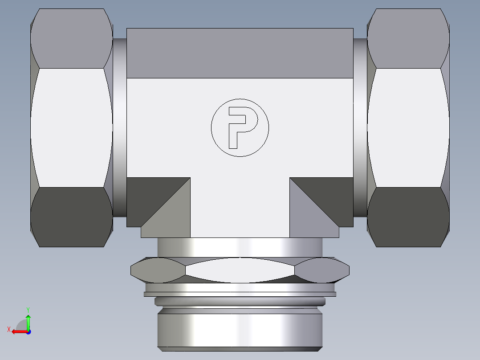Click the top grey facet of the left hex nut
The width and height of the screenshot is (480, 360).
[71, 38]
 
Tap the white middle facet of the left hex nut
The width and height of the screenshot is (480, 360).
[71, 127]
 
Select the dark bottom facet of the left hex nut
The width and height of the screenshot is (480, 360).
[71, 217]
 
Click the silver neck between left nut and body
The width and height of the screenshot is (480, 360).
[119, 127]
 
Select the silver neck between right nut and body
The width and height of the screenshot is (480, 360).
[360, 127]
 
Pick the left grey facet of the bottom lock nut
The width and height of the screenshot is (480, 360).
[158, 270]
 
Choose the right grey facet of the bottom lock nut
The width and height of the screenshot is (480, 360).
[322, 270]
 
